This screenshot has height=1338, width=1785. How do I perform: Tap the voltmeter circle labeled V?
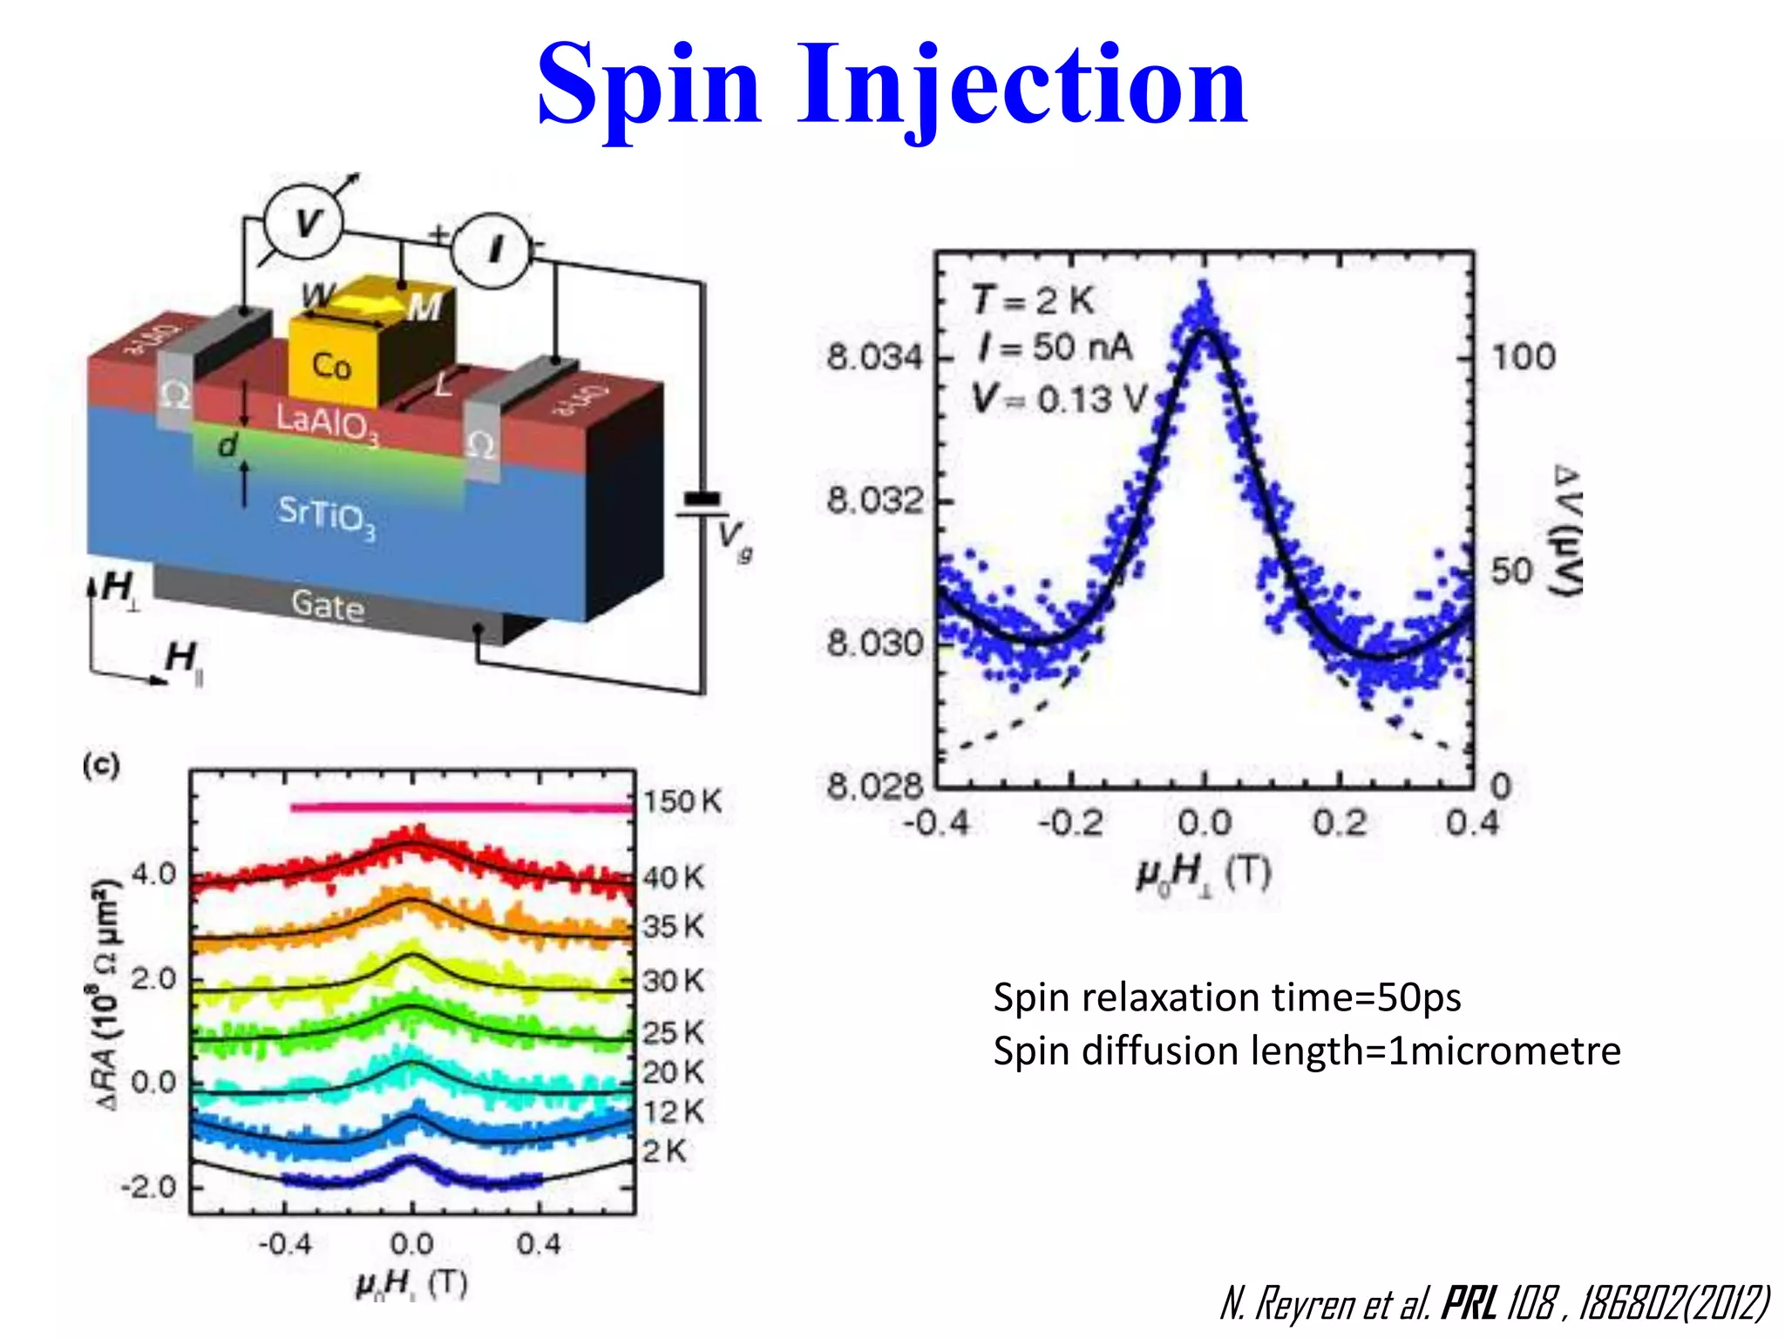point(304,223)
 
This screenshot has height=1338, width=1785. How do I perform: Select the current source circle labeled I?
point(492,250)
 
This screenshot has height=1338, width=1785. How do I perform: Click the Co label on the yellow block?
point(331,366)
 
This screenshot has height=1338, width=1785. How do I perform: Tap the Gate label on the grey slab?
point(328,605)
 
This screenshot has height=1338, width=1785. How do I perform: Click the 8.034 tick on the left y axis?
point(873,357)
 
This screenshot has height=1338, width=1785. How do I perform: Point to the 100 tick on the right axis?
point(1523,357)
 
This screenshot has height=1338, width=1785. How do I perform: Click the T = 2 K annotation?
point(1032,301)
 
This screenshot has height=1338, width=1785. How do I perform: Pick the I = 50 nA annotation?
point(1055,348)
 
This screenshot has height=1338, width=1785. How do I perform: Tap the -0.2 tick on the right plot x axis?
point(1070,823)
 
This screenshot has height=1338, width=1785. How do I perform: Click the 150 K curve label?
point(682,801)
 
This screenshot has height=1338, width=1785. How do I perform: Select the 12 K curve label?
point(673,1112)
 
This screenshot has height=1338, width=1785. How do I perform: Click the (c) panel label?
point(101,766)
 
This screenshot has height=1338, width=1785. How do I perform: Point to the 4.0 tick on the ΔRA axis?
point(153,874)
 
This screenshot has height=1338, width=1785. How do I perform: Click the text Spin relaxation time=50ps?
point(1226,998)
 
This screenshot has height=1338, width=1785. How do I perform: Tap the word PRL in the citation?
point(1470,1304)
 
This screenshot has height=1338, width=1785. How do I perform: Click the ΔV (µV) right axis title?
point(1567,532)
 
